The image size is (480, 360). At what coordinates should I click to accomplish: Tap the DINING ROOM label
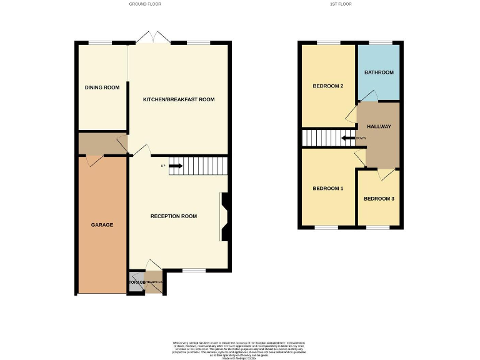(x=102, y=87)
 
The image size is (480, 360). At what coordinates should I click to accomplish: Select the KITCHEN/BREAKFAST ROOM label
(x=179, y=99)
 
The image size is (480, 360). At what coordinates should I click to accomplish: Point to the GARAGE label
(x=102, y=224)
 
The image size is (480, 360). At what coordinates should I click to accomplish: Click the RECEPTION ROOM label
(x=174, y=216)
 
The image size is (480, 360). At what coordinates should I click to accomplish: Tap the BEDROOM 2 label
(x=328, y=86)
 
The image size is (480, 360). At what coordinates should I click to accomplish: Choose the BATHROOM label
(x=379, y=72)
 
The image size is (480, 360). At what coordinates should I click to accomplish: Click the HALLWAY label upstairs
(x=379, y=126)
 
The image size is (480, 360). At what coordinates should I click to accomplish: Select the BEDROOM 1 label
(x=328, y=188)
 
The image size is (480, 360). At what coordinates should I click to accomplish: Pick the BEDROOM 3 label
(x=379, y=199)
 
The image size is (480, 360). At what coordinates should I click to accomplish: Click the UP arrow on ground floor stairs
(x=175, y=166)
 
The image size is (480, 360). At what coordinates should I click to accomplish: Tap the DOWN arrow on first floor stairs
(x=346, y=138)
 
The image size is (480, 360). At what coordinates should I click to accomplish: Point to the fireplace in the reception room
(x=224, y=216)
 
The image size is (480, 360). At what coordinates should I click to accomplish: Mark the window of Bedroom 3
(x=378, y=227)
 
